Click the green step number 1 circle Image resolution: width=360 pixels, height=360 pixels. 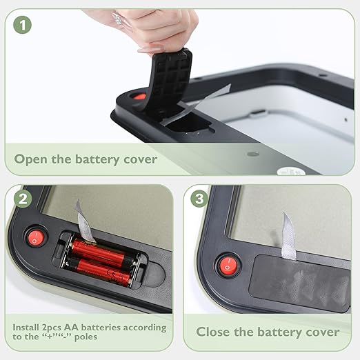[22, 25]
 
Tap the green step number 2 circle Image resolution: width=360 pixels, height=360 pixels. [23, 199]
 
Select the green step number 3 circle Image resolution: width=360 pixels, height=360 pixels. [199, 198]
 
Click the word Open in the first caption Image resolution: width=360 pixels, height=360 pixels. [30, 159]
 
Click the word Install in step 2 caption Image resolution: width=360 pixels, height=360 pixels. [26, 327]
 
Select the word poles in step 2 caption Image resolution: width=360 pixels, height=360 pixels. [86, 337]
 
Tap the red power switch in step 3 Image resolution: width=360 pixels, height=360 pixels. [228, 266]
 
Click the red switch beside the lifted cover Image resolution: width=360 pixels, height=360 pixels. [140, 97]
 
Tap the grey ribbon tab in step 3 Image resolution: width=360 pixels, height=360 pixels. [288, 237]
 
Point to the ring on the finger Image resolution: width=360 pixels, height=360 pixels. [119, 19]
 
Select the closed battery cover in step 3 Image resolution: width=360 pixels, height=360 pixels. [299, 282]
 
